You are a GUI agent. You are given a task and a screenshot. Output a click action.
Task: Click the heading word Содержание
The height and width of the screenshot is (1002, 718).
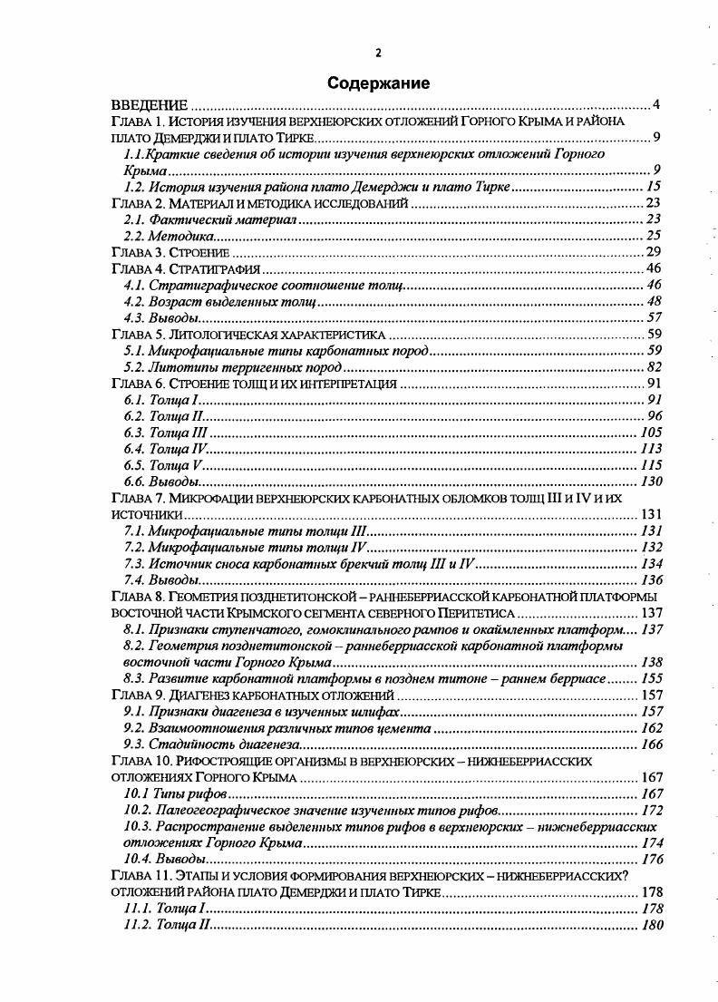[x=378, y=83]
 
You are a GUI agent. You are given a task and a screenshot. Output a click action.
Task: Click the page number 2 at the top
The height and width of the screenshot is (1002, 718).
[x=378, y=52]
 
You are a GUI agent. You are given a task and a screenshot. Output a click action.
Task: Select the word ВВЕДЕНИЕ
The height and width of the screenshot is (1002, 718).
[x=150, y=105]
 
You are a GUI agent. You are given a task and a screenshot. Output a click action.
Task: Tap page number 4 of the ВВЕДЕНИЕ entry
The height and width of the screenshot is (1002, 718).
[x=655, y=105]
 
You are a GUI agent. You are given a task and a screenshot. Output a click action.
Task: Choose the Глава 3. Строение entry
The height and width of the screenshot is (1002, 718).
[x=170, y=252]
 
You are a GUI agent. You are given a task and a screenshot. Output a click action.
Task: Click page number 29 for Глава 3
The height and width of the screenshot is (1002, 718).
[x=653, y=252]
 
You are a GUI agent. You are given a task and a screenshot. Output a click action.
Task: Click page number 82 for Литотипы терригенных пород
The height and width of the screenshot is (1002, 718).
[x=653, y=366]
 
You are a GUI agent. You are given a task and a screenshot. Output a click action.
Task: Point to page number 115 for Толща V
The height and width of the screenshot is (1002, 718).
[x=650, y=464]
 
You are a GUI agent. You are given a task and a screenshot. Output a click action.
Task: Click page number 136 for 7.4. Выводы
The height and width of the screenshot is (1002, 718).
[x=650, y=579]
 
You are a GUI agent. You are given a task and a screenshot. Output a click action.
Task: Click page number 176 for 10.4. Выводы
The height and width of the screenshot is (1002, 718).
[x=650, y=859]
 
